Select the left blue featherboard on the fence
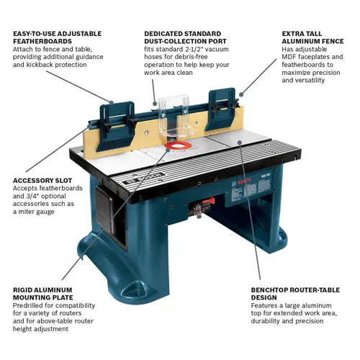click(117, 118)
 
